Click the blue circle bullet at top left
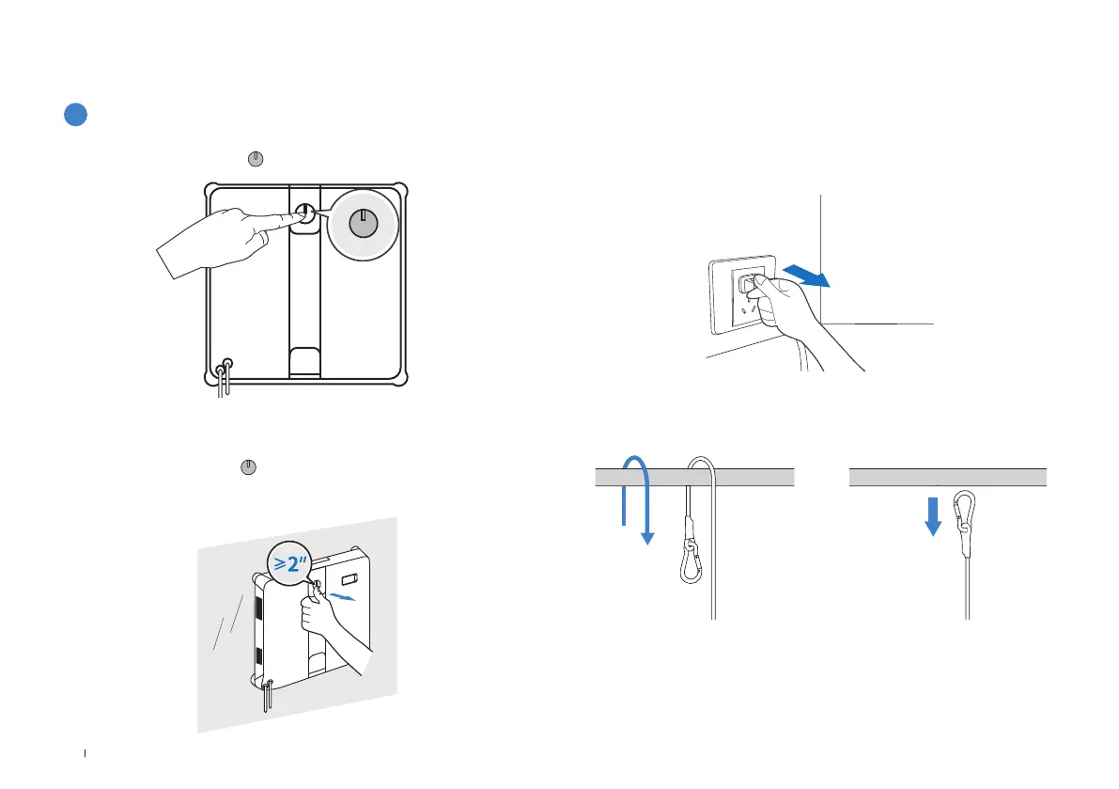click(76, 114)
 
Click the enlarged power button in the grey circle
click(362, 224)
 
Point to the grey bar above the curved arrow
click(695, 476)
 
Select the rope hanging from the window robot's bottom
click(269, 697)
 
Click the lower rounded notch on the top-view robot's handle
click(305, 360)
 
